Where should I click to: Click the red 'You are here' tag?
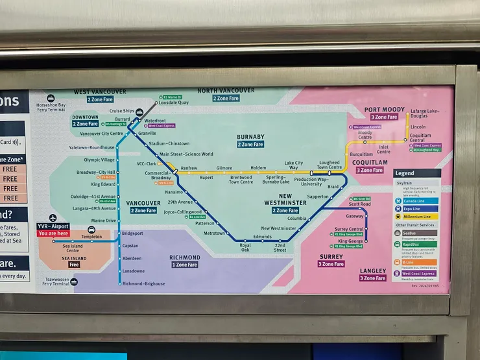(x=53, y=233)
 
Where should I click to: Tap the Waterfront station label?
(x=155, y=120)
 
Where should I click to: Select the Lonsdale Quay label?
(x=174, y=102)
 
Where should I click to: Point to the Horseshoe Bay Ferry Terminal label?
(x=51, y=107)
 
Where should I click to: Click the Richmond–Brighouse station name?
(x=144, y=283)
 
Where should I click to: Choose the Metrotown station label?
(x=214, y=233)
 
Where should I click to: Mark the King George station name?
(x=350, y=241)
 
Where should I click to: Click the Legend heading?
(x=405, y=173)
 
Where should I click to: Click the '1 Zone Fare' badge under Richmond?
(x=186, y=265)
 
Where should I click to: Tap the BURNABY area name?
(x=251, y=137)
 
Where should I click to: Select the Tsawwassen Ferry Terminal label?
(x=53, y=282)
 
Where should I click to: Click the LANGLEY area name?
(x=373, y=270)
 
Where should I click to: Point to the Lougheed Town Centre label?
(x=329, y=165)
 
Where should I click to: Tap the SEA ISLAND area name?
(x=74, y=258)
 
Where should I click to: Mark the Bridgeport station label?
(x=132, y=233)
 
